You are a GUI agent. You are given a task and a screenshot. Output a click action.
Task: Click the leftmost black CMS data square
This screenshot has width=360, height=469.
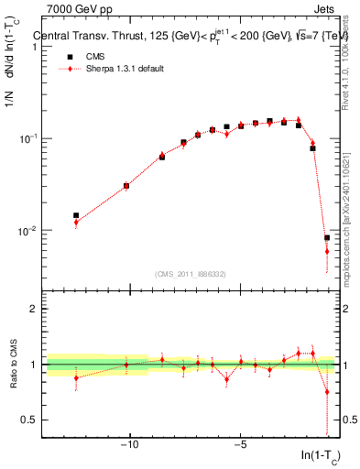pos(76,215)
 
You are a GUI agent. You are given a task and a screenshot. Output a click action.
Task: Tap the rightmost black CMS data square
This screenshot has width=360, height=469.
pos(327,237)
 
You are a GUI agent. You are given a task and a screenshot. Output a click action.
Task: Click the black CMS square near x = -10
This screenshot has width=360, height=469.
pos(126,186)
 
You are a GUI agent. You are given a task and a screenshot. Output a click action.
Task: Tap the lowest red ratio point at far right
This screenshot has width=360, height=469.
pos(327,392)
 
